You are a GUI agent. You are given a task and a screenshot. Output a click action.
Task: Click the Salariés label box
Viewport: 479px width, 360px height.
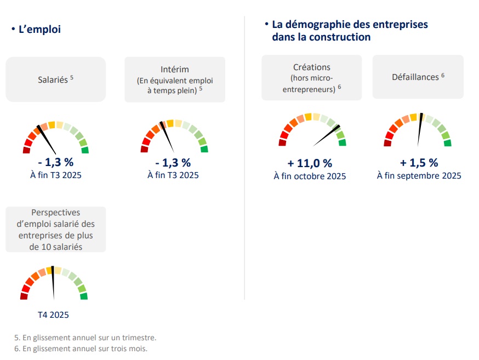55,79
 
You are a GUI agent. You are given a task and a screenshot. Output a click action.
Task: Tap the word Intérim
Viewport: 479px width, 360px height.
175,69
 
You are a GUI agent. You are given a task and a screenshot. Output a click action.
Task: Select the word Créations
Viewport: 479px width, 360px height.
311,67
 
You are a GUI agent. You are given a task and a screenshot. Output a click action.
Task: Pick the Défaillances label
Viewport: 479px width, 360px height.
415,77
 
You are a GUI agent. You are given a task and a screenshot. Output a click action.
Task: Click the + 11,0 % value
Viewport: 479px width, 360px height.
310,163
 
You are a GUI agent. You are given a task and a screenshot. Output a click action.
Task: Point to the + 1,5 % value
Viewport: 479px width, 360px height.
419,163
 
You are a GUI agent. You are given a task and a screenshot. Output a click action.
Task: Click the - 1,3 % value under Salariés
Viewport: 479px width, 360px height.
55,162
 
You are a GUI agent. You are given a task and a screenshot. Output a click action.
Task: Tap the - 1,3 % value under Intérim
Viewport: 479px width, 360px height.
173,163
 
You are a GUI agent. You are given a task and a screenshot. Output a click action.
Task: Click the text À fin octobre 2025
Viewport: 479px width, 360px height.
310,176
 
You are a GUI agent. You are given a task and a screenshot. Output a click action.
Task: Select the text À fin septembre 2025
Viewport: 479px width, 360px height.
419,176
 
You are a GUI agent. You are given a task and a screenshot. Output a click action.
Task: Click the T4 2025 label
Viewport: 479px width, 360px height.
53,315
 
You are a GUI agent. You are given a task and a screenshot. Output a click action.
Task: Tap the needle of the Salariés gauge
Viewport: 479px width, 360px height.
47,140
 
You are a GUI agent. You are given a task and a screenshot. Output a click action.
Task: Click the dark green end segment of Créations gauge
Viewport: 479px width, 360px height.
343,143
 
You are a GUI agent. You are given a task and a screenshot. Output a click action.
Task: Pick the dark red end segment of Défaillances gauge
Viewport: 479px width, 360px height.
387,144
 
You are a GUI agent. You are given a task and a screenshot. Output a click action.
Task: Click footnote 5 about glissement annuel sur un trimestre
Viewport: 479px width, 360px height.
85,338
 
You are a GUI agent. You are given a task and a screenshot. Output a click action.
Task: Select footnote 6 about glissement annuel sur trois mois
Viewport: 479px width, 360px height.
81,348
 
